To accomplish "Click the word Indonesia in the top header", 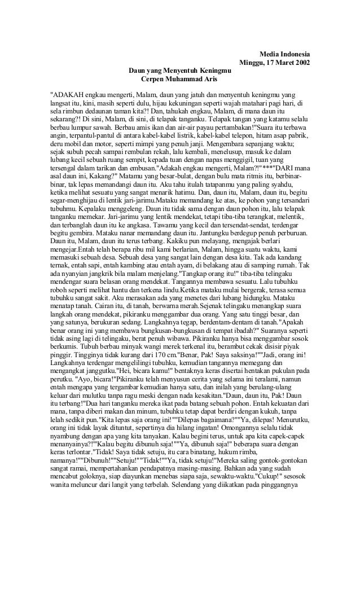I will coord(291,53).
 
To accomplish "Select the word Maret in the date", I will coord(278,62).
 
